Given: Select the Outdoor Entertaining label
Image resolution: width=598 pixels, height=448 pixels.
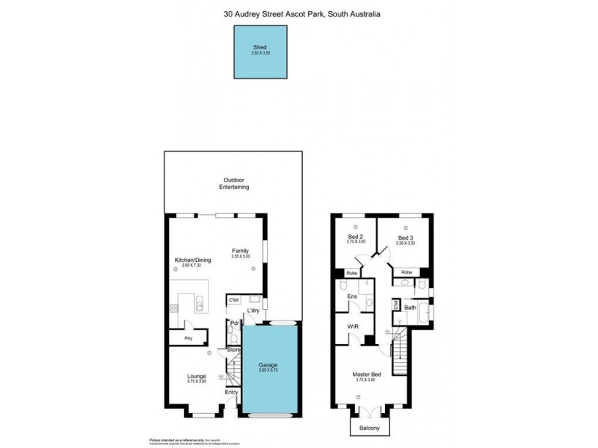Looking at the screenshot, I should [x=233, y=183].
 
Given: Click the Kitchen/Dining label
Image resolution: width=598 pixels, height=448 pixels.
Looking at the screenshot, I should [x=193, y=260].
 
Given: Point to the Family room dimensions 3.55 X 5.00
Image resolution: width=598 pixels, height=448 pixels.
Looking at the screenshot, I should [x=240, y=257].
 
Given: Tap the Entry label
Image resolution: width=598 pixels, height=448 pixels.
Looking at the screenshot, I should [x=231, y=393].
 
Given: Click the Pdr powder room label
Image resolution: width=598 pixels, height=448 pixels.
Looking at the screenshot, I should [x=234, y=323].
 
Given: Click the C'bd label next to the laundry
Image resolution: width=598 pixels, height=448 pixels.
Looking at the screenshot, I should [x=234, y=300].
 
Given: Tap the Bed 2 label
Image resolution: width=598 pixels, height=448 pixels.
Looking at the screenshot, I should [x=355, y=237].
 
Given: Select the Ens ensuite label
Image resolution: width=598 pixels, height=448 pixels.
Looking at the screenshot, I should [x=351, y=297].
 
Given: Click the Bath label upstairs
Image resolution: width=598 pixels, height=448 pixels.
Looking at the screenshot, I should [x=410, y=307].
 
